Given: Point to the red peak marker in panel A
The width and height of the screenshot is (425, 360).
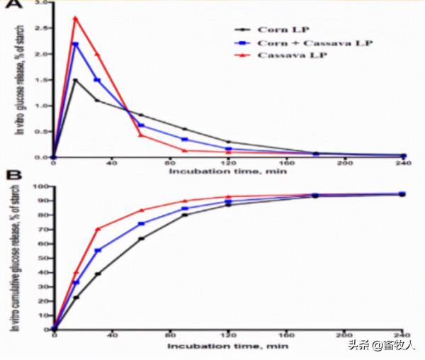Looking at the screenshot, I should (x=75, y=18).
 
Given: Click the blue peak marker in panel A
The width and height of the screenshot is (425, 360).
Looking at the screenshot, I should (x=75, y=44).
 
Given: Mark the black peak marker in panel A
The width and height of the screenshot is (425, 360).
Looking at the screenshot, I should (x=75, y=80).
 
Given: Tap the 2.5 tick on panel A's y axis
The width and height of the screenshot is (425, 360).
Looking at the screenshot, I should (x=44, y=28).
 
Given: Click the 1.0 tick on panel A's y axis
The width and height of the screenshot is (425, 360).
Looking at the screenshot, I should (x=44, y=106).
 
